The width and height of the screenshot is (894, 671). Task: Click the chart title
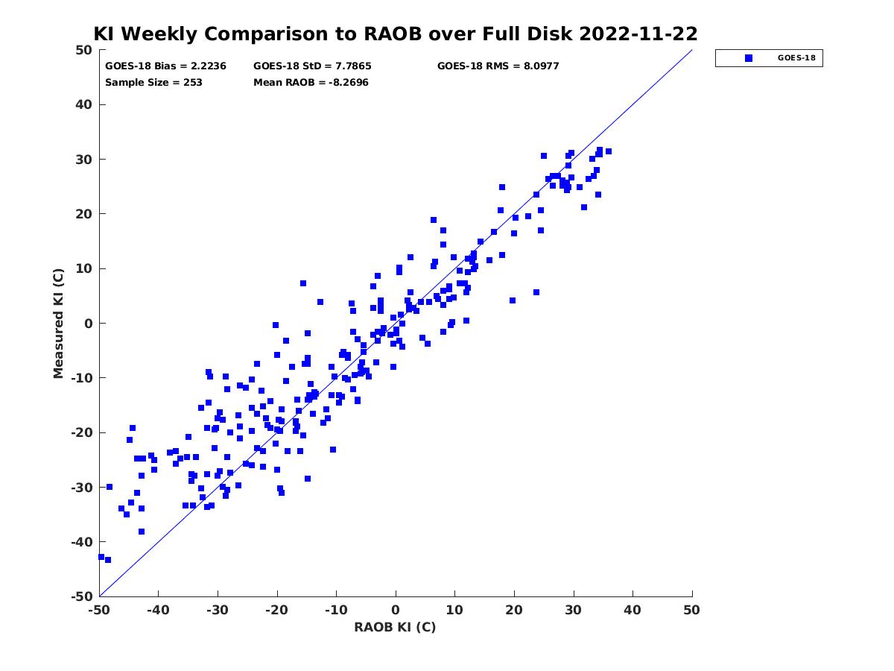tap(396, 34)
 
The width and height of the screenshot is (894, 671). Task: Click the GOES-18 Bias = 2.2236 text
tap(165, 66)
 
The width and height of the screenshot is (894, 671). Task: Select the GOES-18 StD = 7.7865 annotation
tap(312, 66)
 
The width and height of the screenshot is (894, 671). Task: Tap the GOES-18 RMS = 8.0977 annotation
tap(498, 66)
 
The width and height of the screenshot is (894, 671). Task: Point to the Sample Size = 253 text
tap(153, 83)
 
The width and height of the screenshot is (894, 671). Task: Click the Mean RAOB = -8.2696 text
tap(311, 83)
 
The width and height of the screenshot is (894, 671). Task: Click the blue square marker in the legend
tap(748, 58)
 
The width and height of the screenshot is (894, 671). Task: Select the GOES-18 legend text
tap(796, 58)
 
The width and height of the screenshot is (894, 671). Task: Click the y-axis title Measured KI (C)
tap(58, 323)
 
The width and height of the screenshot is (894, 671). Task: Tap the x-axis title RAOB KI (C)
tap(395, 626)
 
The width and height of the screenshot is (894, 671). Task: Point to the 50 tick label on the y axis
tap(84, 50)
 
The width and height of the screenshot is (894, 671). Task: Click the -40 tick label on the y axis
tap(81, 542)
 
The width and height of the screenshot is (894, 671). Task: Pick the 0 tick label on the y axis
tap(89, 324)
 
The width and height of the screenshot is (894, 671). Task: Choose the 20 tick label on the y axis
tap(84, 214)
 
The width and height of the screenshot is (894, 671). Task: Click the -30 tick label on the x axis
tap(218, 610)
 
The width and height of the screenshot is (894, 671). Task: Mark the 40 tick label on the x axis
tap(633, 610)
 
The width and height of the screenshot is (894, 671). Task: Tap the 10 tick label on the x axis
tap(454, 610)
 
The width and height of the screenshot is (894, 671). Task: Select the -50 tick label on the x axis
tap(99, 610)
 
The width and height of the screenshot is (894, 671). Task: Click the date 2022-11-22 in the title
tap(638, 34)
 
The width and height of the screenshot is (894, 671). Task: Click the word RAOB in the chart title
tap(393, 34)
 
